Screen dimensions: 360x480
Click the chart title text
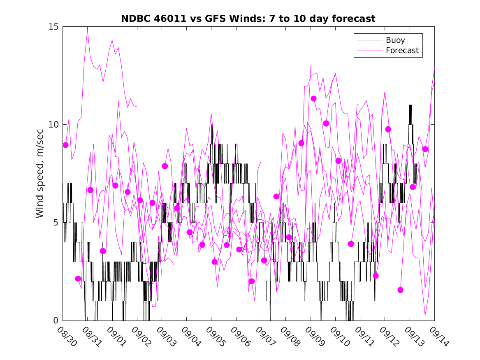pyautogui.click(x=248, y=19)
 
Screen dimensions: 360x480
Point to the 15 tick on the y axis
pyautogui.click(x=54, y=27)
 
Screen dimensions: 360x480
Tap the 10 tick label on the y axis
pyautogui.click(x=54, y=125)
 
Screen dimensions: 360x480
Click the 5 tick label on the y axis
pyautogui.click(x=56, y=223)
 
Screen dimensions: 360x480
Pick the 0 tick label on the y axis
pyautogui.click(x=56, y=321)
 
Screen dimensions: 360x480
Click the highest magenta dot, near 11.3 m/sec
pyautogui.click(x=313, y=98)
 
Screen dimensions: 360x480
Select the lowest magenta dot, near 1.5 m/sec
pyautogui.click(x=400, y=290)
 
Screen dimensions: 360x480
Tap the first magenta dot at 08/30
pyautogui.click(x=65, y=145)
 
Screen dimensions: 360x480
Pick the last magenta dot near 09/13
pyautogui.click(x=425, y=149)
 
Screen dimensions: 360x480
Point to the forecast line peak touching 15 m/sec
pyautogui.click(x=87, y=28)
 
